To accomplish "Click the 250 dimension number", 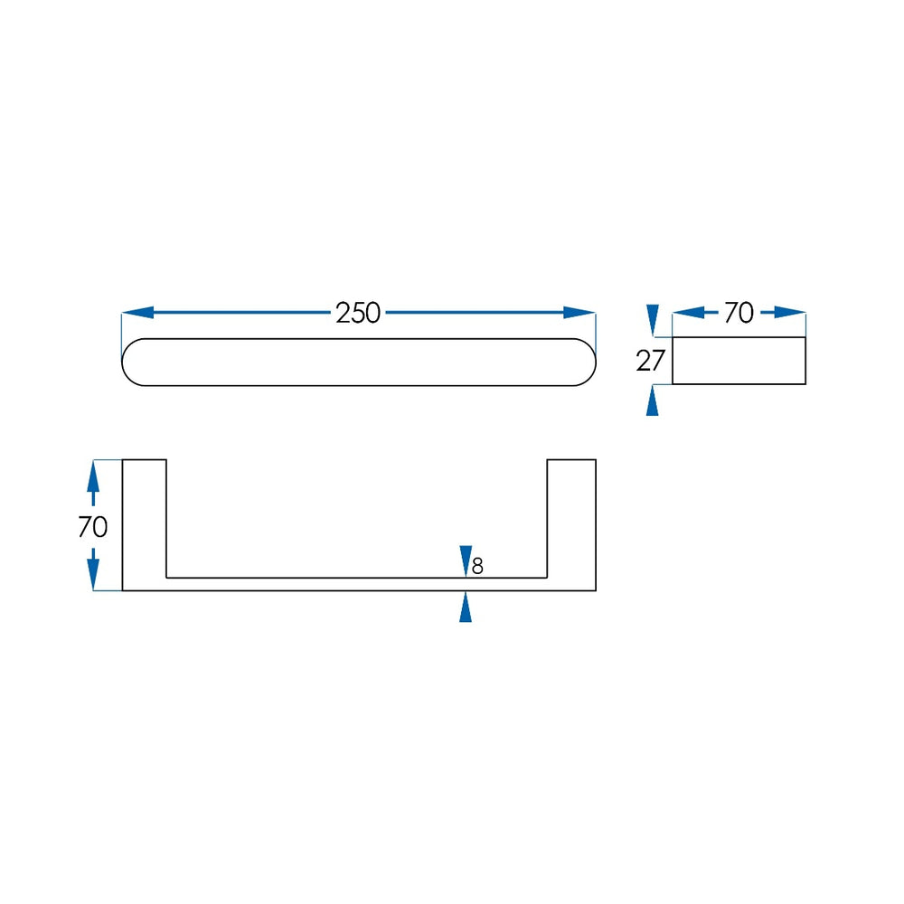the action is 358,313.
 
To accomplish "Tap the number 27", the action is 650,361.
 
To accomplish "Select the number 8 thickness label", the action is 477,567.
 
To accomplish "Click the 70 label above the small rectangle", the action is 739,313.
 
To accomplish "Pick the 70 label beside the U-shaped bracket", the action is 93,527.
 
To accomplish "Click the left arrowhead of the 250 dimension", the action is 137,313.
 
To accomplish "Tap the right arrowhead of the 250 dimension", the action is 579,313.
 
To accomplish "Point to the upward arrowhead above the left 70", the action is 93,476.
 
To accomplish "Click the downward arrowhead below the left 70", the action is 93,575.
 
